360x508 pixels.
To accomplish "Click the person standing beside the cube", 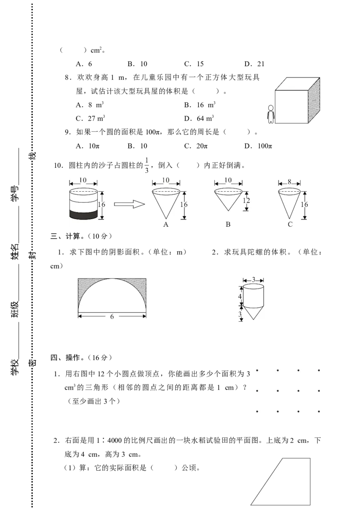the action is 270,114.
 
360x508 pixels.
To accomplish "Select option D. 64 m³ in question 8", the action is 199,118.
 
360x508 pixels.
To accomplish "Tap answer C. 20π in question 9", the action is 196,146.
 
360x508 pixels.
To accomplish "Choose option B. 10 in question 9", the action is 137,146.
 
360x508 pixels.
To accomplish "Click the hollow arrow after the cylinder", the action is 129,204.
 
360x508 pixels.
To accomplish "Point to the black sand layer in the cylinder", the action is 84,214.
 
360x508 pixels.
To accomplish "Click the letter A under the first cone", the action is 166,225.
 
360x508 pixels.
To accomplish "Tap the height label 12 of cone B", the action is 246,200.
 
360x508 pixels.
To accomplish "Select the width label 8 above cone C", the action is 289,182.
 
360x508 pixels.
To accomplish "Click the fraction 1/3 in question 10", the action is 146,165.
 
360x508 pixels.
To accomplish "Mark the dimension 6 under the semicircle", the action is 112,316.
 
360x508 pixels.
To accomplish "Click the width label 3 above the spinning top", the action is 253,280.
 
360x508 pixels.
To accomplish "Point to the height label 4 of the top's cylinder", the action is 240,296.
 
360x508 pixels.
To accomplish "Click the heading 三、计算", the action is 65,236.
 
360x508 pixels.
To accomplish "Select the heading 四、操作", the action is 65,358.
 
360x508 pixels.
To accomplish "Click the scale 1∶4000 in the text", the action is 109,441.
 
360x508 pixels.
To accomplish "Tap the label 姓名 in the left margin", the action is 15,252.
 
